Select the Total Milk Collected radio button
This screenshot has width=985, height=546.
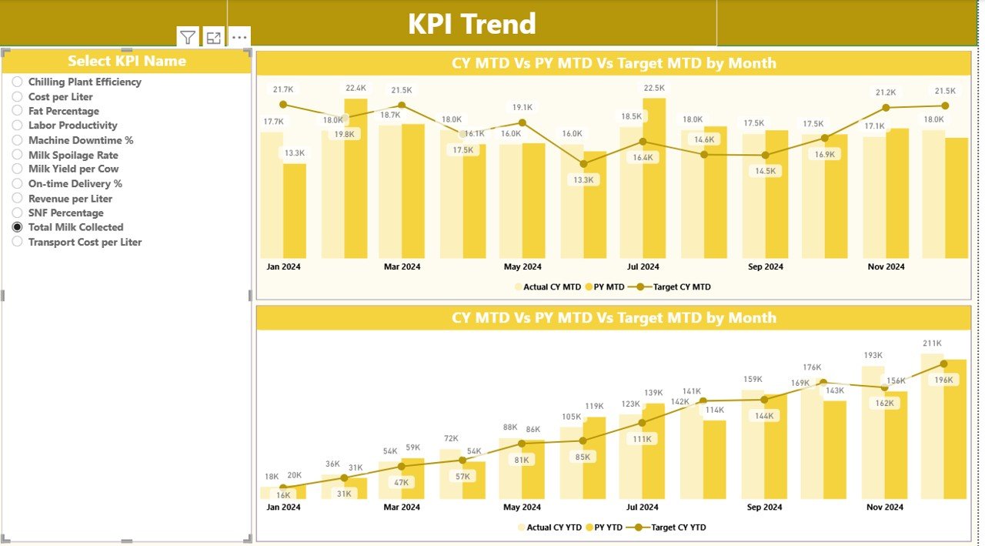(x=17, y=227)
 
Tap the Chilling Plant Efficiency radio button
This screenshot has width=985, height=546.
(x=17, y=82)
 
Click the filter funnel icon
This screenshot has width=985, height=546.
(x=188, y=38)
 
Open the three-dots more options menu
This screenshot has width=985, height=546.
(x=239, y=38)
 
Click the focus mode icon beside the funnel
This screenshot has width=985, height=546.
(x=214, y=38)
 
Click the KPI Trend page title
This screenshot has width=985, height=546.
(x=472, y=24)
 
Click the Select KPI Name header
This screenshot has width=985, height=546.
(x=127, y=61)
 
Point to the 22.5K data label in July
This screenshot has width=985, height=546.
(x=654, y=89)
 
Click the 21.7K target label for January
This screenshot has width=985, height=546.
(x=283, y=90)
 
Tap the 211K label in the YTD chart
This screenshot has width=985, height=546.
(x=932, y=343)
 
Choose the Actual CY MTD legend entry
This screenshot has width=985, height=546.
(x=547, y=286)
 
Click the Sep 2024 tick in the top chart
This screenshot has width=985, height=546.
(x=765, y=266)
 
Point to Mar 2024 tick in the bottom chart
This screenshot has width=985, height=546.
(x=402, y=507)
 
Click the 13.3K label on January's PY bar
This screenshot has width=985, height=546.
(x=295, y=153)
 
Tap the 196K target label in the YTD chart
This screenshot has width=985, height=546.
(x=943, y=380)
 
